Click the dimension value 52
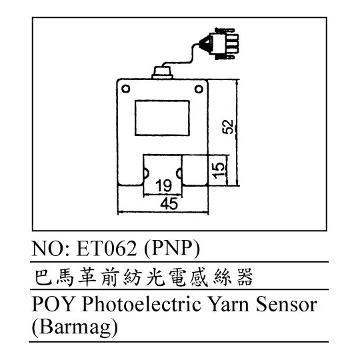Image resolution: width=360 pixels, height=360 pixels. coord(227,127)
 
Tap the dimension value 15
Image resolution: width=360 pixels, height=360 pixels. coord(218,170)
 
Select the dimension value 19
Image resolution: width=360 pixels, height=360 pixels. coord(163,186)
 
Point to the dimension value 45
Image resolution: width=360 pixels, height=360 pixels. coord(169,203)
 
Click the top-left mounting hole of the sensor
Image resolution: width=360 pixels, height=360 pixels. coord(125,89)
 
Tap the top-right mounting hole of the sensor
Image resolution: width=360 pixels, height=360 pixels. coord(199,89)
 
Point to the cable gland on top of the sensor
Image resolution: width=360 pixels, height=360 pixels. coord(163,73)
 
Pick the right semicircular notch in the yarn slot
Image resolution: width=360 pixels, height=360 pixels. coord(179,173)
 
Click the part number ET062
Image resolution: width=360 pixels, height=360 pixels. coord(107,249)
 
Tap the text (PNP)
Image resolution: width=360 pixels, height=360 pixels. coord(172,249)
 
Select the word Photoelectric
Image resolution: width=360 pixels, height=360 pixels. coord(141,305)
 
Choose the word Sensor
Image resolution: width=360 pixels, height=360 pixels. coord(287,305)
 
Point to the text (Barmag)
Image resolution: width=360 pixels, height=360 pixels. coord(75,327)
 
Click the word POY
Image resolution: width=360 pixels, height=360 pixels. coord(53,305)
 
